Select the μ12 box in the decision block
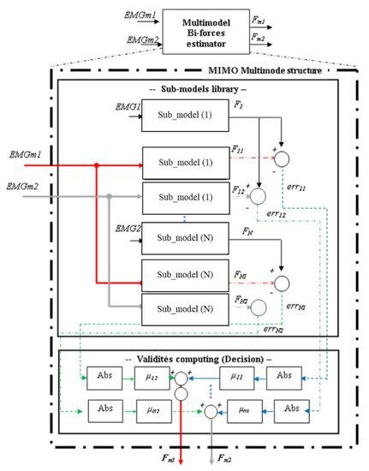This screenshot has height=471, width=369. click(x=150, y=376)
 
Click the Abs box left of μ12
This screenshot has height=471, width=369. click(x=105, y=376)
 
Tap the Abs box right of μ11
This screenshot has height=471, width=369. click(x=287, y=376)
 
